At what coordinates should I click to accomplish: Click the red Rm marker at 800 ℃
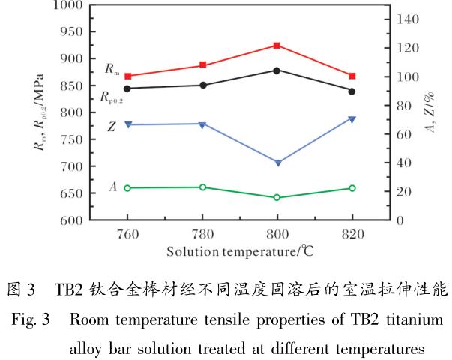click(277, 46)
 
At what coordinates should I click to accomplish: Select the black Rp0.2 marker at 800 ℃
click(277, 70)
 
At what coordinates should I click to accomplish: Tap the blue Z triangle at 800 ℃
click(277, 163)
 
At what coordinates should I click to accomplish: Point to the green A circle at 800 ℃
click(277, 198)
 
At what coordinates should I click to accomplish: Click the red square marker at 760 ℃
click(127, 76)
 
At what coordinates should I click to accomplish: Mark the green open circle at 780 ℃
click(202, 187)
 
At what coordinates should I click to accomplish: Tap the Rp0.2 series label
click(112, 97)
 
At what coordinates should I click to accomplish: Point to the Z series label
click(111, 127)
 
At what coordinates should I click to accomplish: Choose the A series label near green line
click(112, 187)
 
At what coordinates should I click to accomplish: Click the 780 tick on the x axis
click(202, 233)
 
